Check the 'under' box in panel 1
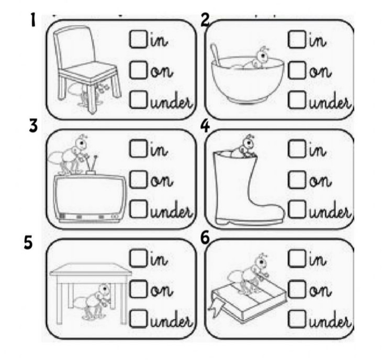[138, 100]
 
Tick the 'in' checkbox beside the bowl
[297, 39]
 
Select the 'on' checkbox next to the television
[138, 180]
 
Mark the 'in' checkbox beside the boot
[297, 148]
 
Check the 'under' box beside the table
[138, 319]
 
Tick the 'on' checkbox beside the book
[297, 289]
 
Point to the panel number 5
[28, 242]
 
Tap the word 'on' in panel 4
[320, 181]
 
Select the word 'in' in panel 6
[318, 260]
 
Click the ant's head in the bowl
[263, 56]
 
